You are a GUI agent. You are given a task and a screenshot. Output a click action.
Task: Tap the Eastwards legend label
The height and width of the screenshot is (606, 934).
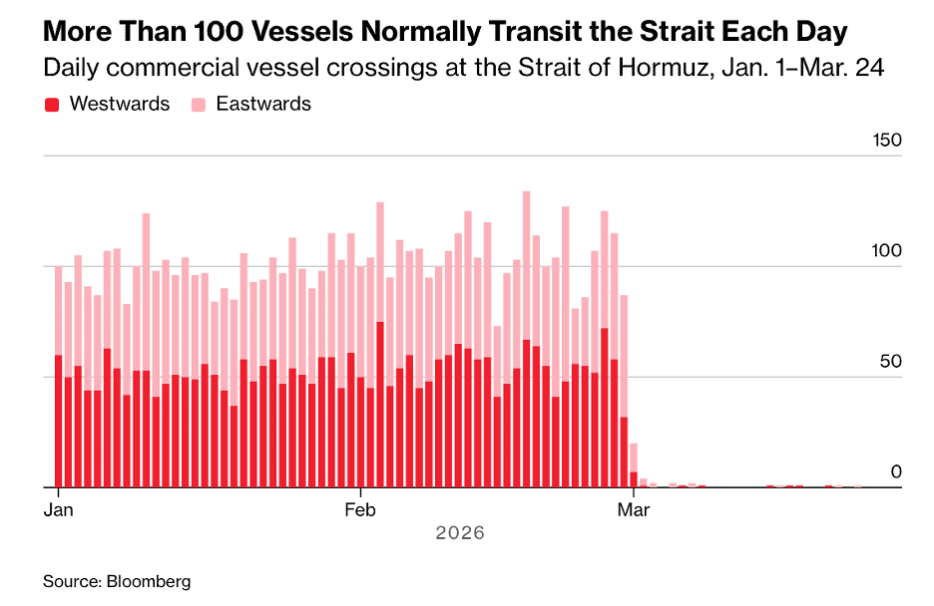pyautogui.click(x=263, y=104)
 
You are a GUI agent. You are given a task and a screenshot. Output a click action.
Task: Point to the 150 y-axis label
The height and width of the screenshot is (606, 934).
pyautogui.click(x=885, y=140)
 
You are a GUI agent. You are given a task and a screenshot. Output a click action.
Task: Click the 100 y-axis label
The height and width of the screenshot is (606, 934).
pyautogui.click(x=885, y=251)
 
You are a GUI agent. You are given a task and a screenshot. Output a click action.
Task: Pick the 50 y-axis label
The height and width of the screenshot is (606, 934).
pyautogui.click(x=890, y=361)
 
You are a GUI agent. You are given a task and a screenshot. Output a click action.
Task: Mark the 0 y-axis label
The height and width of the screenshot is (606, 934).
pyautogui.click(x=896, y=471)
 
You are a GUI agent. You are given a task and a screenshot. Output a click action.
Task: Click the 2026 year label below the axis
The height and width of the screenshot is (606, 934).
pyautogui.click(x=460, y=533)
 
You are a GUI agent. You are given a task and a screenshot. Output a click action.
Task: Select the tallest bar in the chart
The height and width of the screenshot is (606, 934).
pyautogui.click(x=527, y=339)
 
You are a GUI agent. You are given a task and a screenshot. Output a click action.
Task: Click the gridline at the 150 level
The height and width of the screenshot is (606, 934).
pyautogui.click(x=449, y=156)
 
